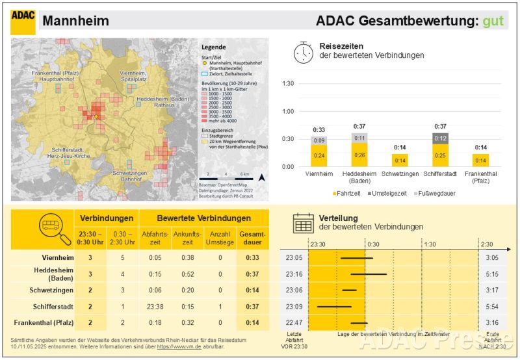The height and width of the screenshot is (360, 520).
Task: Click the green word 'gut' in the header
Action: pos(493,21)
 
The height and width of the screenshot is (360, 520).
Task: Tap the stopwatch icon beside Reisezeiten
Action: pos(303,53)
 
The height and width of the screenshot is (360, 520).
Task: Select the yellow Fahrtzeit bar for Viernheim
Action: pos(319,155)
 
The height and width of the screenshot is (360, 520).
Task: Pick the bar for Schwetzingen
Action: pos(398,160)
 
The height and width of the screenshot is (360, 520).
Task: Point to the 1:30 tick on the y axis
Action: pos(288,84)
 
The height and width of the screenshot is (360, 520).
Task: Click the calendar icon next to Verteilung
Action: pos(303,222)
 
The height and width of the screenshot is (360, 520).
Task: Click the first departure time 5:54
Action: pos(492,306)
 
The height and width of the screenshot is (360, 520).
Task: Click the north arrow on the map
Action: pos(261,177)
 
